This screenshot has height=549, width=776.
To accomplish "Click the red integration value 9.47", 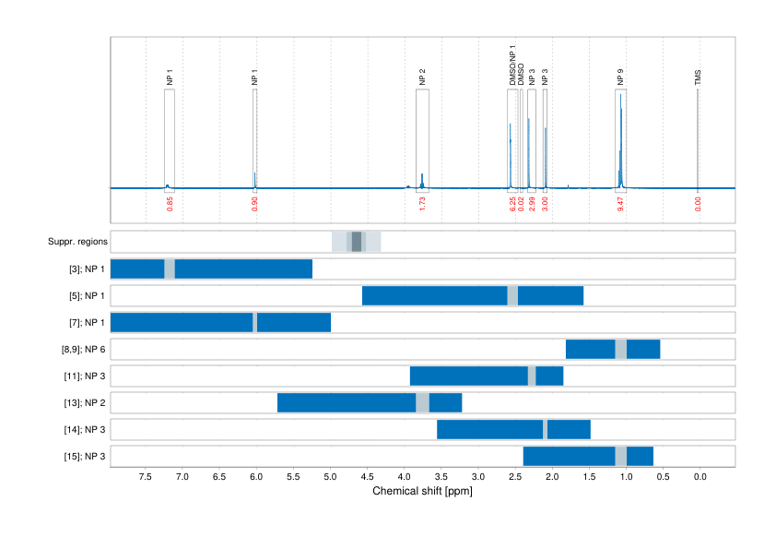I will click(621, 204).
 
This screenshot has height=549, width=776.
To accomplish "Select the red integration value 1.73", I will click(422, 204).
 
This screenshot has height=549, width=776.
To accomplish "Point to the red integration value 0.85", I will click(170, 204).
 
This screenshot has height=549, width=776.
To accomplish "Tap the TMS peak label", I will click(698, 80).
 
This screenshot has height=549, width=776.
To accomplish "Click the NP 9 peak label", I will click(620, 78).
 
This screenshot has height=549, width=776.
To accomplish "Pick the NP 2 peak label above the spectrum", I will click(422, 78).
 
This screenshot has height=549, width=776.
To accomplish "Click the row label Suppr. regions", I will click(77, 242).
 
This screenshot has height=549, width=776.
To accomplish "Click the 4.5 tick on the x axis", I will click(367, 476).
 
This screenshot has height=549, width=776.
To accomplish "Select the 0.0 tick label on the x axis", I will click(699, 476).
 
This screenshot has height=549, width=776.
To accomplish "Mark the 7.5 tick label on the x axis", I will click(146, 476).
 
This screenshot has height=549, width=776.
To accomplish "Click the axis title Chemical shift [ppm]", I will click(422, 491).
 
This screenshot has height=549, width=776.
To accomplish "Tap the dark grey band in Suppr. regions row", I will click(357, 242).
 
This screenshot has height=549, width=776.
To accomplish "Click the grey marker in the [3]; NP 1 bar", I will click(170, 269).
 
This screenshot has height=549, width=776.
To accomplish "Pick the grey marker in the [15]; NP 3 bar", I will click(620, 456).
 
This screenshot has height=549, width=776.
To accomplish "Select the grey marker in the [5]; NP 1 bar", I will click(512, 295).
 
